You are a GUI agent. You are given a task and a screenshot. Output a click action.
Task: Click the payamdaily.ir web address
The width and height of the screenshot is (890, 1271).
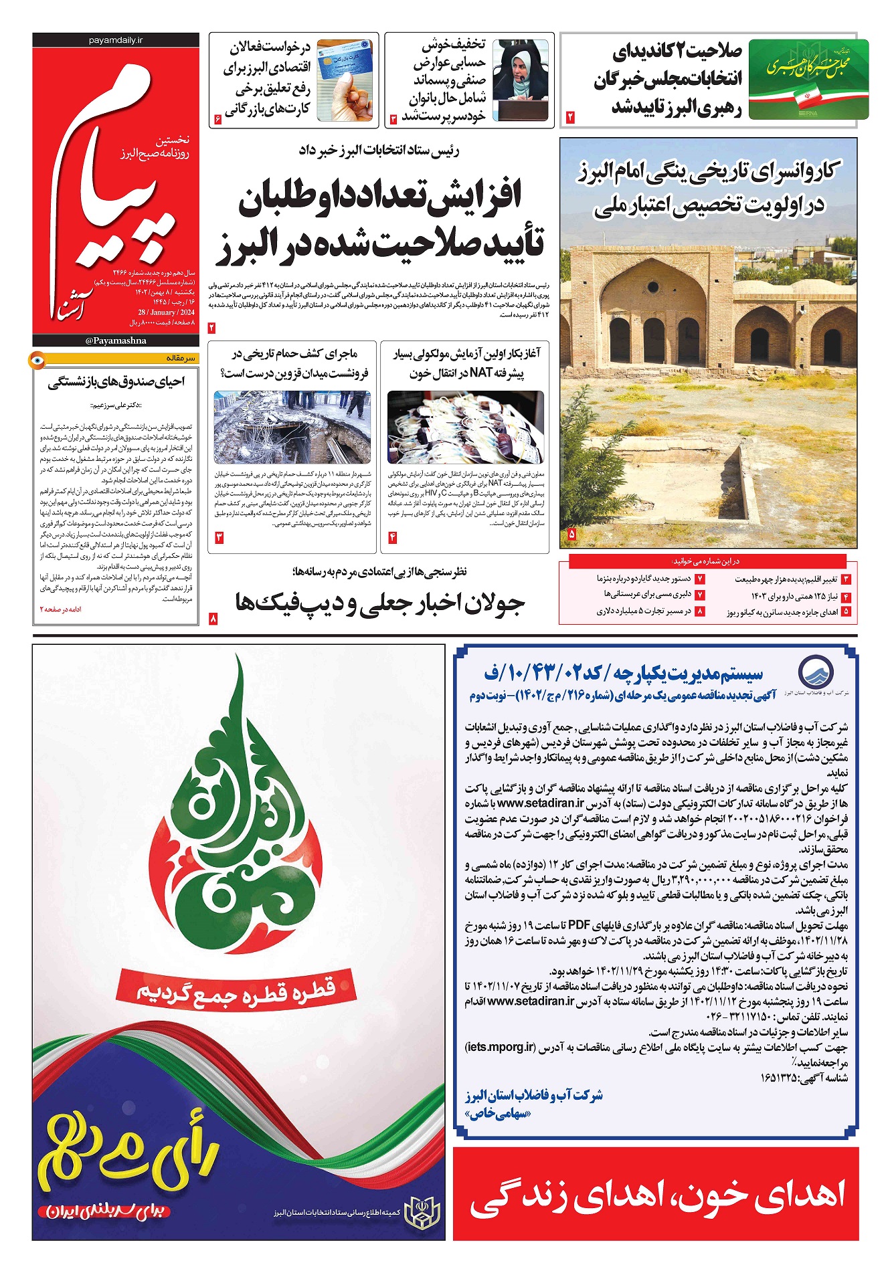116,40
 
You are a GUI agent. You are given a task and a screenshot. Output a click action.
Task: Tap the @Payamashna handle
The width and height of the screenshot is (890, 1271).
116,340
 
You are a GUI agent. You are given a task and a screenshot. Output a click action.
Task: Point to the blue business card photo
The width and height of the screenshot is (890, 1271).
344,80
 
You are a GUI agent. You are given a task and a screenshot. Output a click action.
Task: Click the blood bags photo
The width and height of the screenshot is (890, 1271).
465,427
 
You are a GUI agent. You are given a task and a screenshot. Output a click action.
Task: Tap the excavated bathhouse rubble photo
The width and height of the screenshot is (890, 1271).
292,427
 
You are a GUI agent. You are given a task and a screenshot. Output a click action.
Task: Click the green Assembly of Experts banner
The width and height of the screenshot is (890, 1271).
808,79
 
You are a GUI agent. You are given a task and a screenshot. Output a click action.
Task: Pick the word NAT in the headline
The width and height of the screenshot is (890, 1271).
481,373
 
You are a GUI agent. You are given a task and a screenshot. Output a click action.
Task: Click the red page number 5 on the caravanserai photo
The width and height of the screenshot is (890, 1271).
572,534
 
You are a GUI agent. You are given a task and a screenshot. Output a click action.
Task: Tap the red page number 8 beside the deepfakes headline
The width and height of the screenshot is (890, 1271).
213,619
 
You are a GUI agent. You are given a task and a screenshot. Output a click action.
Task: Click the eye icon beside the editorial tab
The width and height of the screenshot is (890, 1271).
37,361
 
